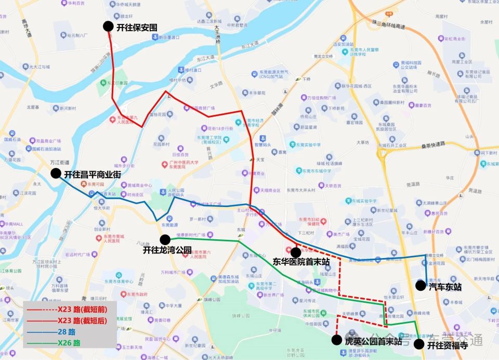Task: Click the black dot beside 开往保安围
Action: [x=108, y=27]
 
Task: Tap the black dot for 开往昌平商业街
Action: [x=56, y=174]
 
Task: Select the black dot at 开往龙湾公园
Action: [x=165, y=239]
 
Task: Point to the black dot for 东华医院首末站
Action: [x=295, y=252]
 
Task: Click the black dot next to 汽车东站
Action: [x=420, y=286]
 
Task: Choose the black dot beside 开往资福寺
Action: [x=418, y=344]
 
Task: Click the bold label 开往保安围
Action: [x=137, y=27]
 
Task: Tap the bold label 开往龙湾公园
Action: [x=167, y=250]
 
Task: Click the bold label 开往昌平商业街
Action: [x=92, y=175]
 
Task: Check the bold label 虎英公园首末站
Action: [x=373, y=341]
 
